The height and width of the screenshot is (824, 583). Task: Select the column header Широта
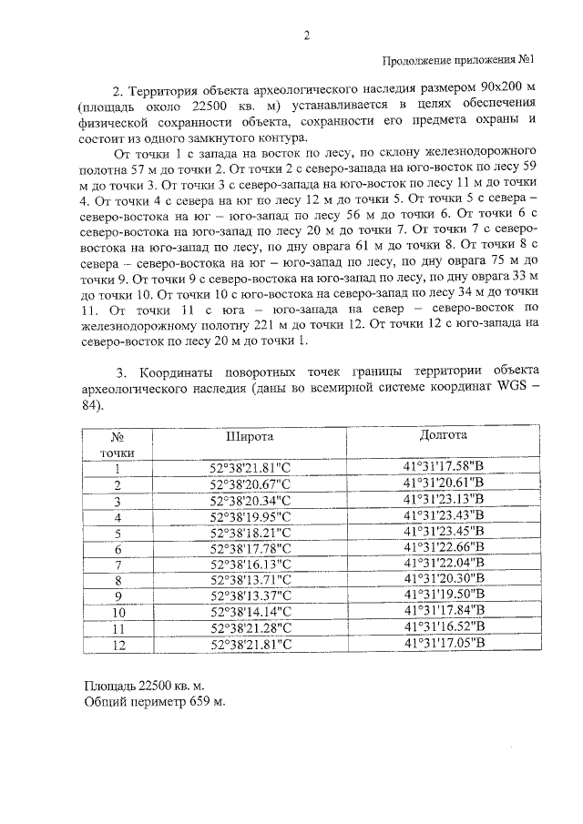(x=250, y=436)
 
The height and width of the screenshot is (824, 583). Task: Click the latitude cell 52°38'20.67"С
(x=250, y=484)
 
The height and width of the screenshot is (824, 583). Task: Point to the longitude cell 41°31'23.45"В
(x=444, y=532)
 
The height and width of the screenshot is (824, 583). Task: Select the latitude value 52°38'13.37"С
(x=250, y=596)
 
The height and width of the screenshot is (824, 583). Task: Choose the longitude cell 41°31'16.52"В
(x=444, y=627)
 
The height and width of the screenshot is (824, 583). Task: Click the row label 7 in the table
(x=118, y=565)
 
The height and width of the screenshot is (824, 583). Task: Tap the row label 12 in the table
(x=118, y=644)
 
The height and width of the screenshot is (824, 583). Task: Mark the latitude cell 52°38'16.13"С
(x=250, y=565)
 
